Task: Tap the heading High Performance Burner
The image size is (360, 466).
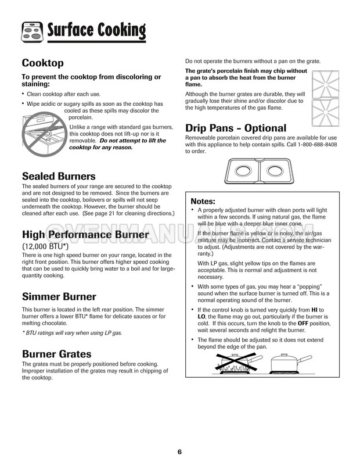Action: pos(85,235)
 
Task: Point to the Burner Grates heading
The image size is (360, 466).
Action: pos(56,353)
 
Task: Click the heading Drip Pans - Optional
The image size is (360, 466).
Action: pos(235,128)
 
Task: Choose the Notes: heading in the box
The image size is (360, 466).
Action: pos(207,200)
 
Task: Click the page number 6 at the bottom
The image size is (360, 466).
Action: pos(180,451)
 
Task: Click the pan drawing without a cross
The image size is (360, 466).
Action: pos(288,364)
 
